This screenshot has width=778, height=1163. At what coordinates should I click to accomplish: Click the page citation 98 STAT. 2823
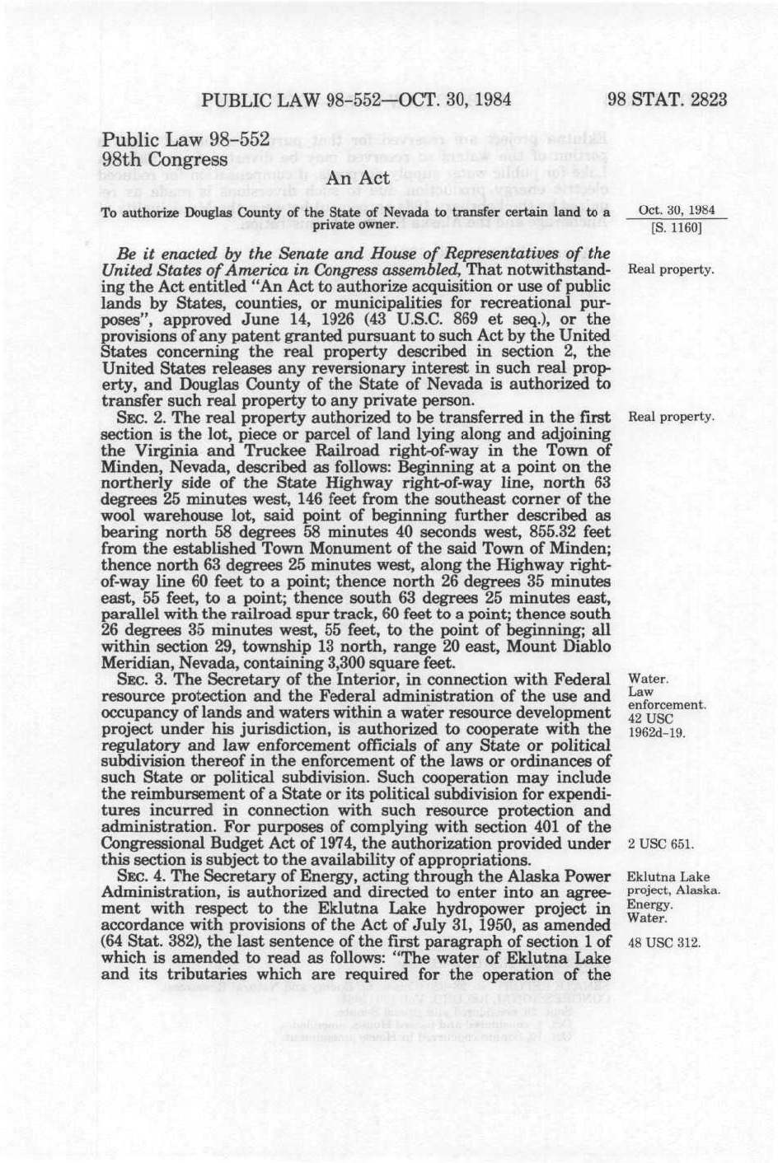(668, 100)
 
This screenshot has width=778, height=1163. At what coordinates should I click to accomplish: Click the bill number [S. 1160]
(676, 228)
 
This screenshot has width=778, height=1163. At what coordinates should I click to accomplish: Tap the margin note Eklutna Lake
(668, 877)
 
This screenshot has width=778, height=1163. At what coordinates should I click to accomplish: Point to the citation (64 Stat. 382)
(161, 942)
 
